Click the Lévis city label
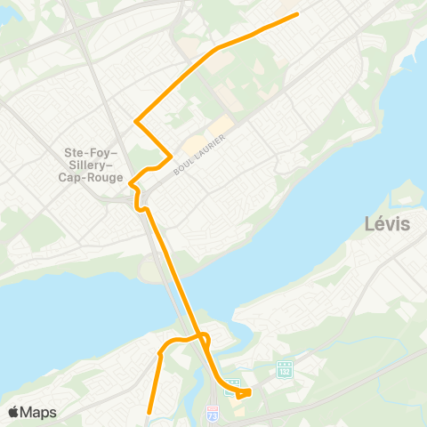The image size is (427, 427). click(x=387, y=224)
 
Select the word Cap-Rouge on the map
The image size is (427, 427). click(x=93, y=177)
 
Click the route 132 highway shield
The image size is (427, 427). click(x=284, y=367)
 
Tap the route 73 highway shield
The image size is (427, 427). click(x=212, y=415)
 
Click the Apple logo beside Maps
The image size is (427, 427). click(x=13, y=412)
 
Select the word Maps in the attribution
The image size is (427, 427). click(x=39, y=412)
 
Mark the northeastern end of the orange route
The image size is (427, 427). click(x=296, y=14)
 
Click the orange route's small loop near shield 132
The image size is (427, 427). click(x=245, y=391)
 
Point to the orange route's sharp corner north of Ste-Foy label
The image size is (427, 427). click(x=134, y=121)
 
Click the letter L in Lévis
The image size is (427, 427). click(x=369, y=224)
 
